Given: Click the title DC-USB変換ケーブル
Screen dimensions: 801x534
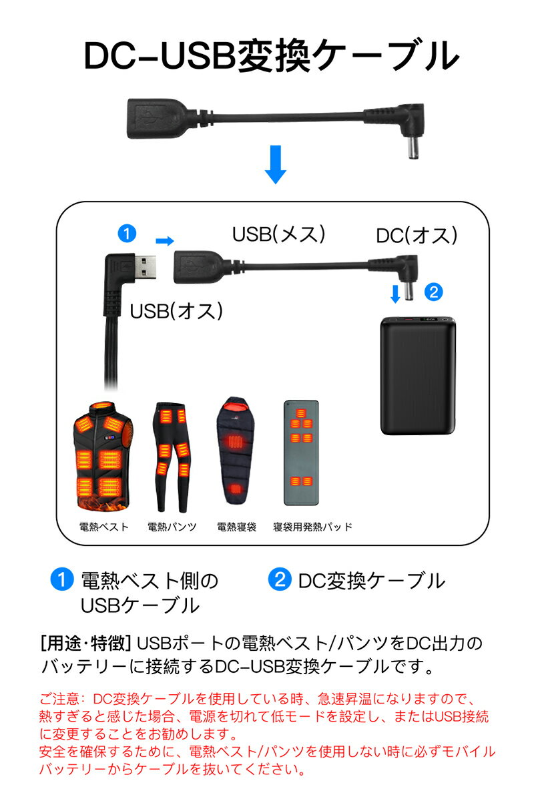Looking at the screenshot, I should coord(271,57).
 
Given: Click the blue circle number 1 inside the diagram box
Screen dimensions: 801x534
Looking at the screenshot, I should coord(126,234).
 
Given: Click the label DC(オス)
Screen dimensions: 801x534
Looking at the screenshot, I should coord(417,235).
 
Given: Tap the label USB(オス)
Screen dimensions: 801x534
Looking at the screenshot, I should coord(176,311).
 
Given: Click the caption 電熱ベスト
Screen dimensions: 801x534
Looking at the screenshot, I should coord(103,527).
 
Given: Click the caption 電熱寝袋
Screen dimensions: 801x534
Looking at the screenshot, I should coord(237,527).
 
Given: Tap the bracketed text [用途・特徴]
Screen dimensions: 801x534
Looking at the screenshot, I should coord(85,644).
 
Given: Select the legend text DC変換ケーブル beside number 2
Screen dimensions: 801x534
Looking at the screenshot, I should coord(371,581).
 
